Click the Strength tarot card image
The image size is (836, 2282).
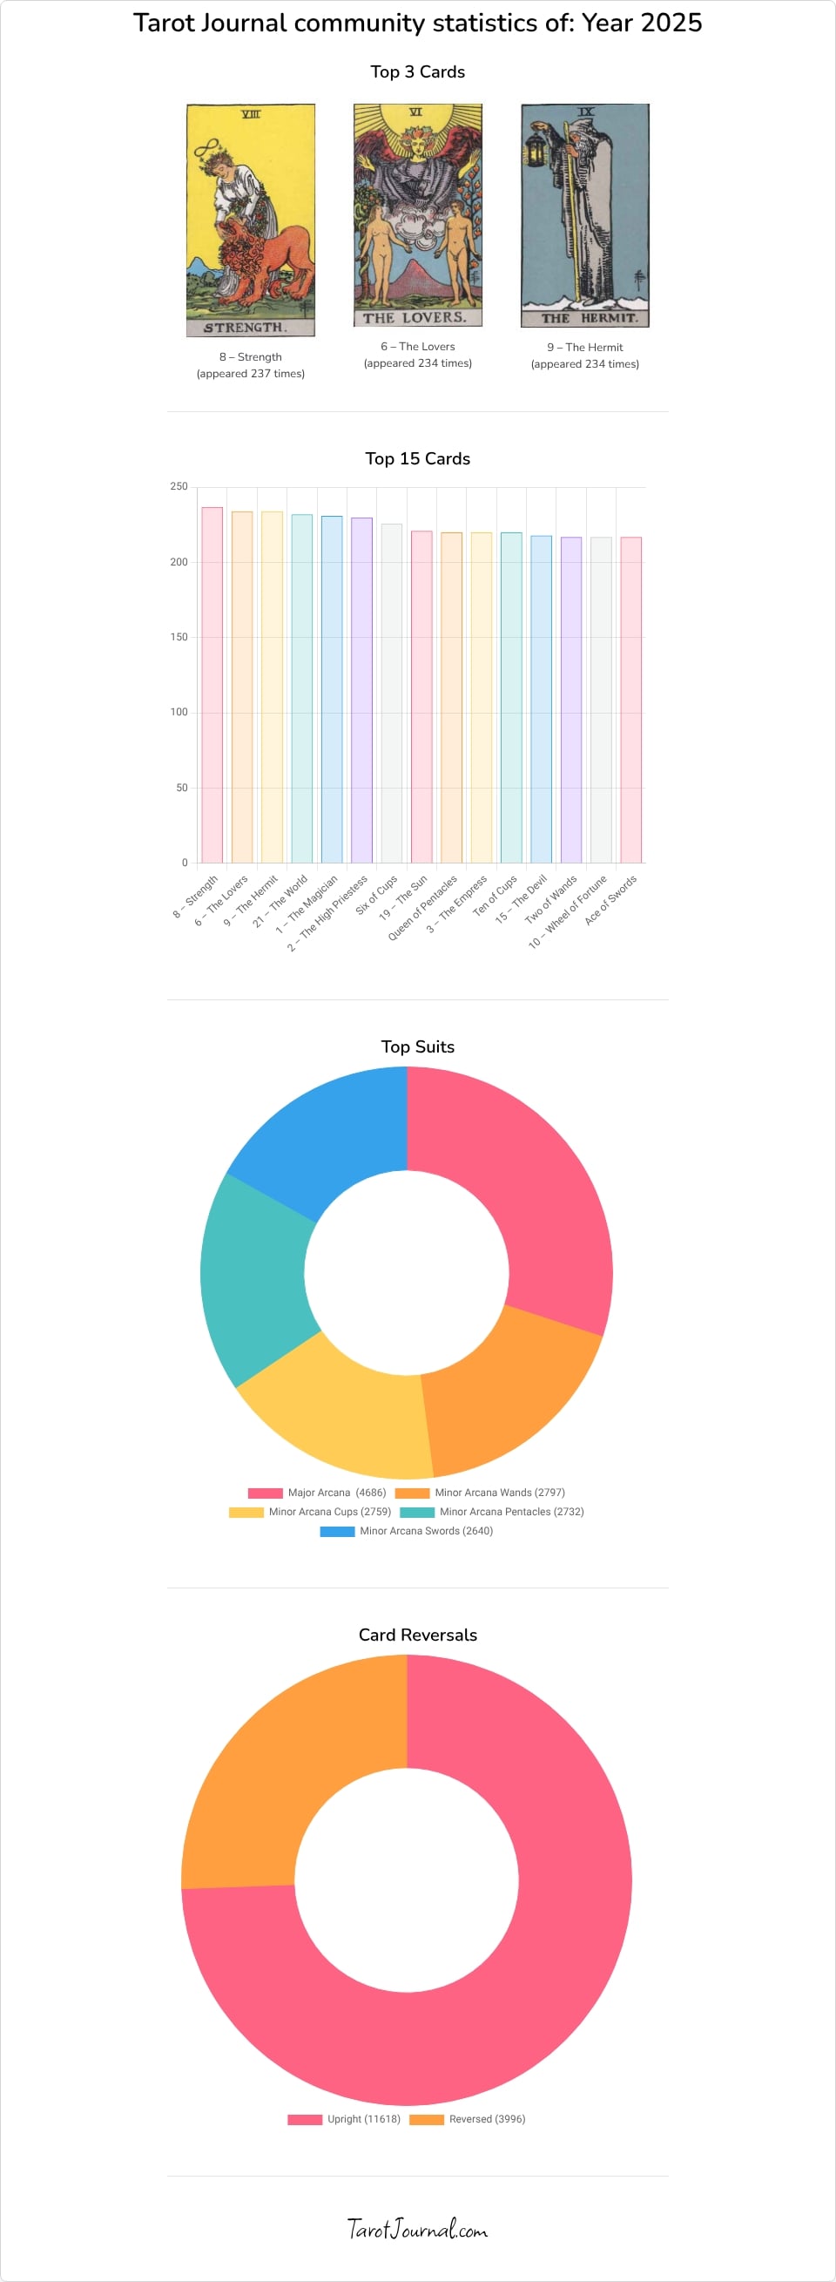[251, 220]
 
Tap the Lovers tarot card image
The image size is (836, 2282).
[418, 215]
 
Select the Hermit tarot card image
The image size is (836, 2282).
[584, 215]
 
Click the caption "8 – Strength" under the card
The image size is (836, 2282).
[251, 357]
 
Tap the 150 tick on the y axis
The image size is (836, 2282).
[179, 637]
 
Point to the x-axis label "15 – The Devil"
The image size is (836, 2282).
[522, 899]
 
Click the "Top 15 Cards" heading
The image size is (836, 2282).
[418, 459]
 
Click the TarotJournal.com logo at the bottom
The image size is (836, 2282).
[417, 2228]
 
